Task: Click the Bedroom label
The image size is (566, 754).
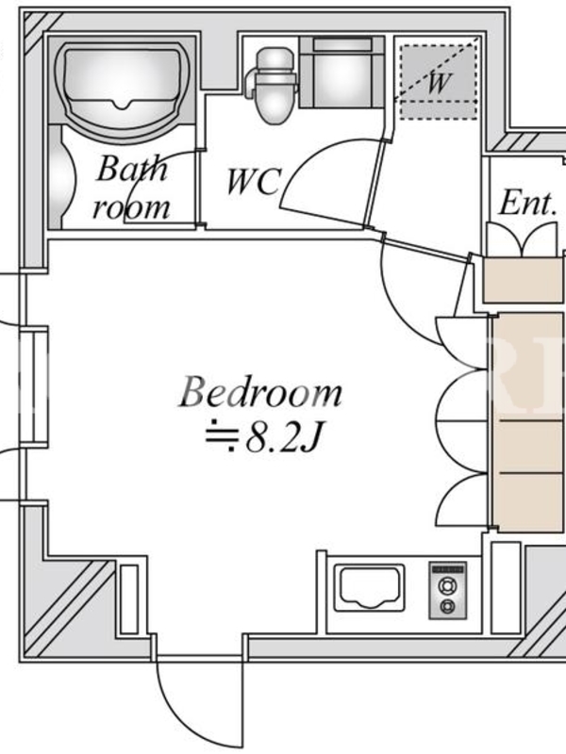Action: tap(260, 393)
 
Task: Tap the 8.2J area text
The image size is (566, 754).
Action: tap(282, 438)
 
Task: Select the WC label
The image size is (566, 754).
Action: tap(253, 181)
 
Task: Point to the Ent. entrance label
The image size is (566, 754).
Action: tap(528, 203)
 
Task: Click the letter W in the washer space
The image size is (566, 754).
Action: tap(439, 83)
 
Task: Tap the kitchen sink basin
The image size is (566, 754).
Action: tap(369, 587)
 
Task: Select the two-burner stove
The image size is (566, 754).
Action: tap(448, 591)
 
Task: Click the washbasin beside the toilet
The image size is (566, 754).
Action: tap(341, 73)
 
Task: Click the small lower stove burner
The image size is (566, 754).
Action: tap(448, 606)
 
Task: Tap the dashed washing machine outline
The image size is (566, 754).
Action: tap(438, 82)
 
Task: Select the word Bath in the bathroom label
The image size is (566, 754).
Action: tap(132, 168)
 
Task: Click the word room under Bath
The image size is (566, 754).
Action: tap(131, 207)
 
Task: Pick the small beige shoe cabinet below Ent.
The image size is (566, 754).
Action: tap(523, 280)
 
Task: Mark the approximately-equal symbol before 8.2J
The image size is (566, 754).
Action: tap(222, 435)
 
